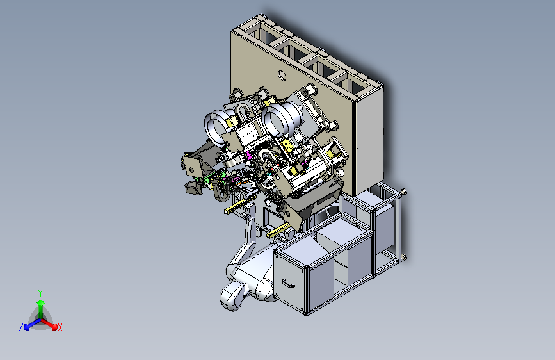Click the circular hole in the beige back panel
tap(282, 76)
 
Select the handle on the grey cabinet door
tap(289, 284)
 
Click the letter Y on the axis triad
tap(40, 293)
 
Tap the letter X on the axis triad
tap(60, 327)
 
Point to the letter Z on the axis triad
tap(21, 327)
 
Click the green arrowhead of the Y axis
tap(40, 302)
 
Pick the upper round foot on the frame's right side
tap(403, 192)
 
